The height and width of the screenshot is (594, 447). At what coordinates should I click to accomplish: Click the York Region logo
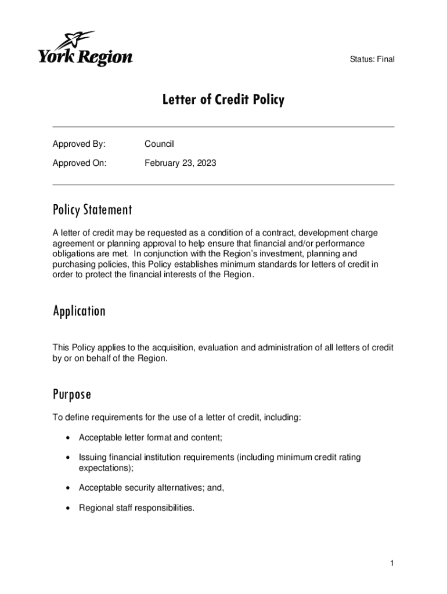click(x=85, y=50)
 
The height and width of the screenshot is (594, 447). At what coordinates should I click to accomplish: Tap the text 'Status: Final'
click(x=372, y=59)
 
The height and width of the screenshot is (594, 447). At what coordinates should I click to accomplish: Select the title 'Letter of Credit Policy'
click(x=223, y=100)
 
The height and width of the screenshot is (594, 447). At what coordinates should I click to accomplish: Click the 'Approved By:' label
click(x=79, y=144)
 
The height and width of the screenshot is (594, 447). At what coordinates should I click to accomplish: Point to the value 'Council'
click(x=159, y=144)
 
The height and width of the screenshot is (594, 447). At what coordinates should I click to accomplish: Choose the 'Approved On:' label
click(x=80, y=163)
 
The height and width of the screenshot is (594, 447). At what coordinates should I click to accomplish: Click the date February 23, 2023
click(x=180, y=163)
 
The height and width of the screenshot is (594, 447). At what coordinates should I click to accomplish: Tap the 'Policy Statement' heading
click(x=92, y=209)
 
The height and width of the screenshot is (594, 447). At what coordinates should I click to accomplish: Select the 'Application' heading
click(x=79, y=312)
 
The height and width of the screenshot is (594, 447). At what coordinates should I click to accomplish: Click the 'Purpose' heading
click(x=72, y=395)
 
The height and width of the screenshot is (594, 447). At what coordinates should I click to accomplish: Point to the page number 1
click(x=392, y=563)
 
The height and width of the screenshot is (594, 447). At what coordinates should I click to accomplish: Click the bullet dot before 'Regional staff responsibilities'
click(x=69, y=508)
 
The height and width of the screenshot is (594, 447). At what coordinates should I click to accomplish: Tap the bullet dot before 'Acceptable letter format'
click(x=69, y=437)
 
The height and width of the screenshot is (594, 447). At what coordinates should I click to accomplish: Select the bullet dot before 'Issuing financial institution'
click(x=69, y=458)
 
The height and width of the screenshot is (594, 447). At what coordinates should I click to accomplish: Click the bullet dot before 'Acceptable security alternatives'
click(x=69, y=488)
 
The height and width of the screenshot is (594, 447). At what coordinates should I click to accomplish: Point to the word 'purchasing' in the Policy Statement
click(x=74, y=265)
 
